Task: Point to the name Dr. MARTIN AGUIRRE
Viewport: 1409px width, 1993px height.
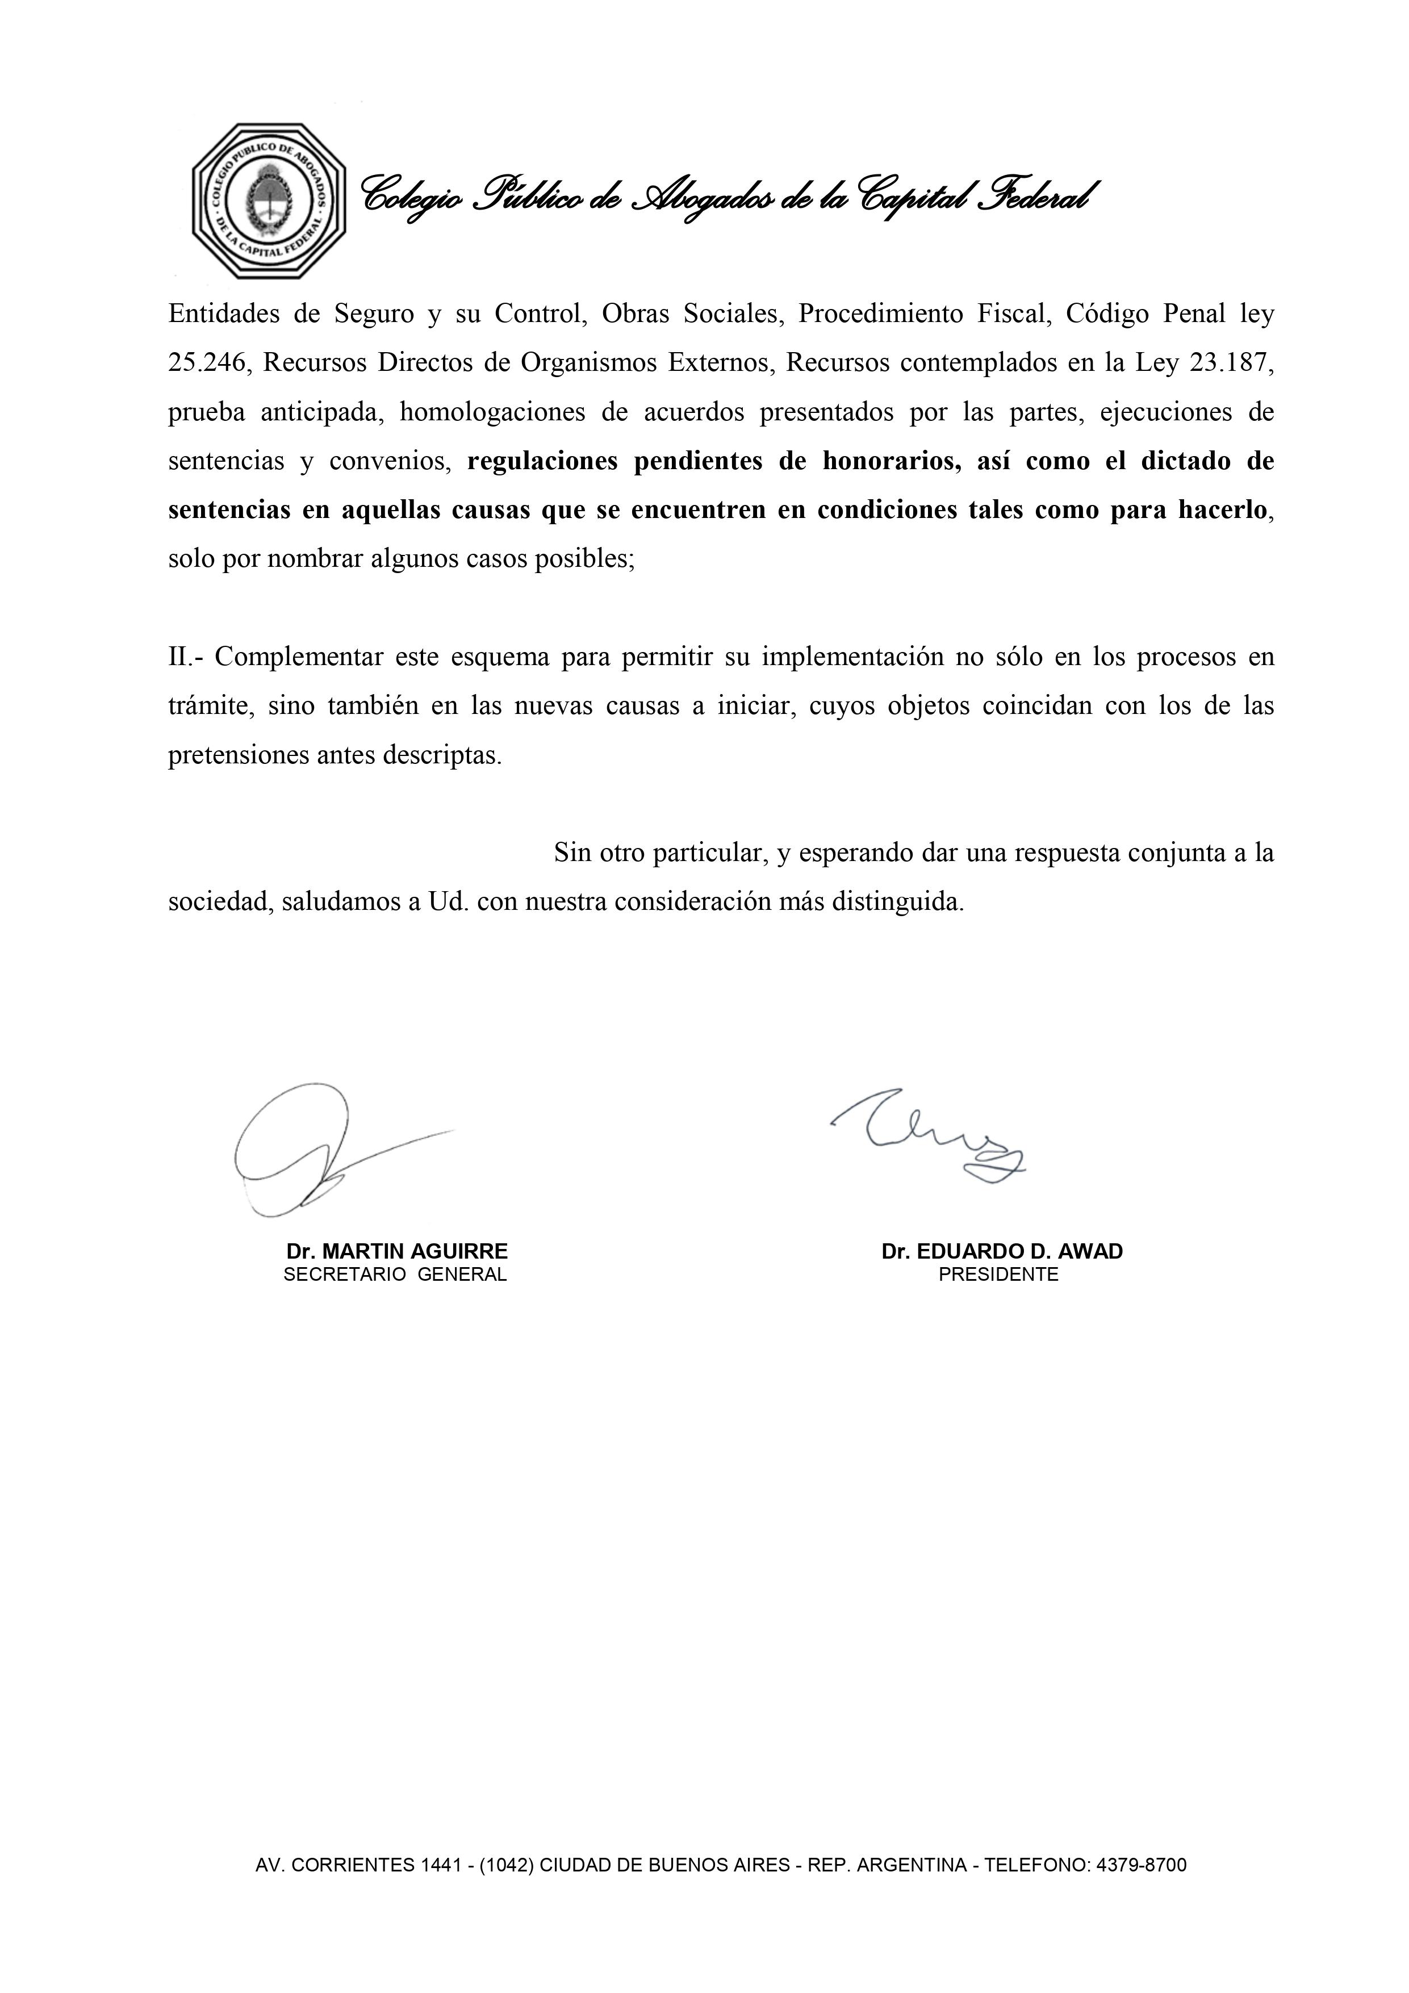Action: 397,1252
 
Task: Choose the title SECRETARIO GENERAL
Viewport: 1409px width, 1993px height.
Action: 395,1275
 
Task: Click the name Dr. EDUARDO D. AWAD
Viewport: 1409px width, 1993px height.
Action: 1002,1252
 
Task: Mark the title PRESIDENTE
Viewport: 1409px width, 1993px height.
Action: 998,1275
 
